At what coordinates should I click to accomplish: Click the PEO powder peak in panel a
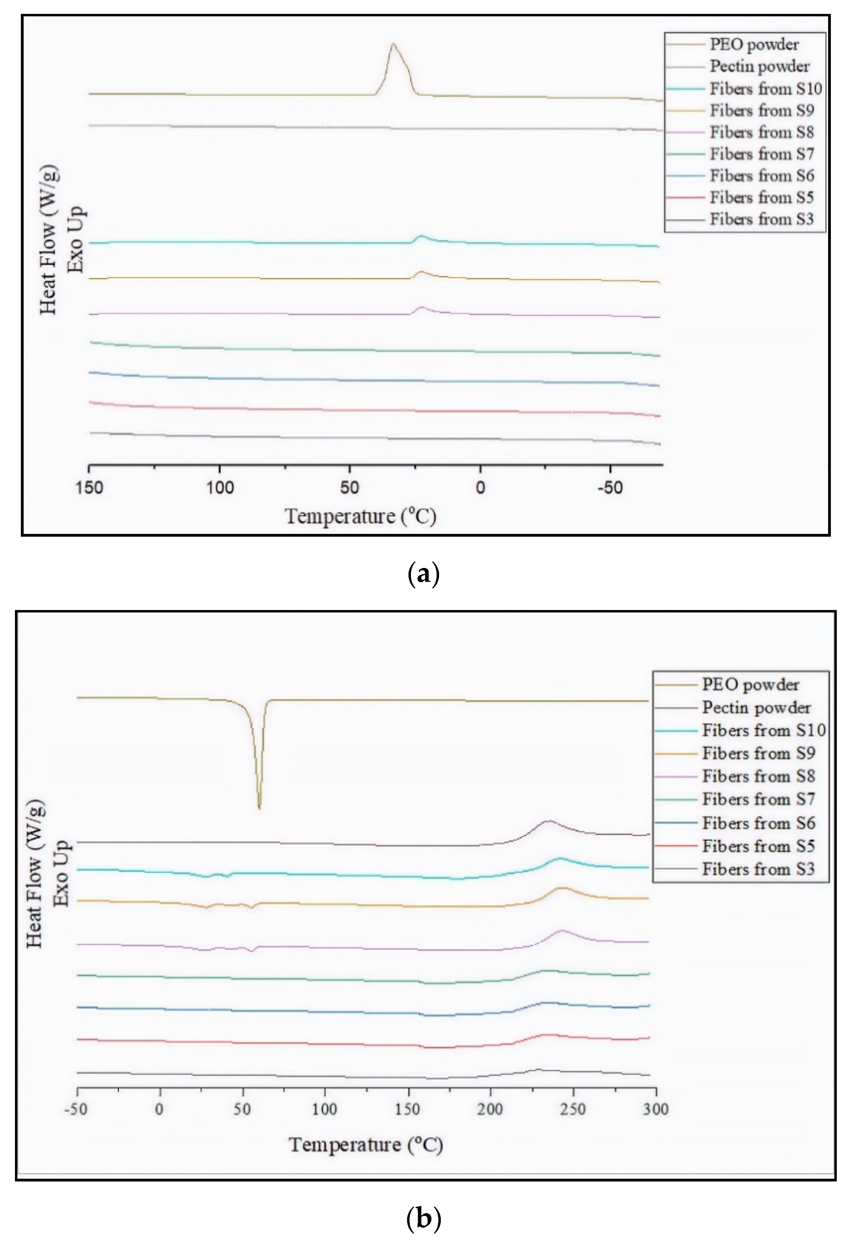(393, 44)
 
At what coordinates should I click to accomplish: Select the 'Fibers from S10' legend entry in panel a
(765, 88)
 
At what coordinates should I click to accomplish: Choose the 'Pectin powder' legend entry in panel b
(756, 708)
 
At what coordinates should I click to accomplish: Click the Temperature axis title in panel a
(361, 516)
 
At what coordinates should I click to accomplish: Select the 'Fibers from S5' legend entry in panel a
(761, 197)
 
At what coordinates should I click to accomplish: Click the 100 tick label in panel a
(220, 488)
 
